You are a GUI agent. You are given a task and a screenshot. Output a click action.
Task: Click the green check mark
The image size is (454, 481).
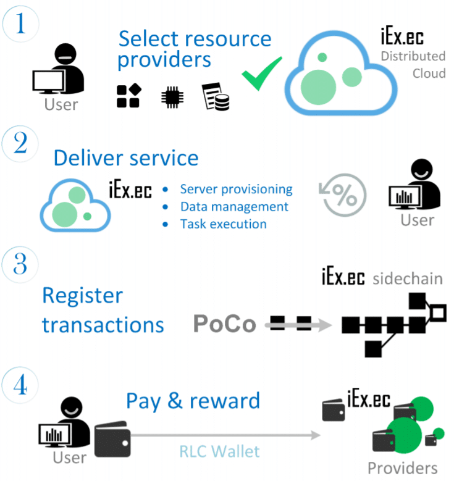261,73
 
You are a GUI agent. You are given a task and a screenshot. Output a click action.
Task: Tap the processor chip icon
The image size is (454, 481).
172,97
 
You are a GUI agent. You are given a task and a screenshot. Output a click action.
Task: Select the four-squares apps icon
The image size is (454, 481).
130,96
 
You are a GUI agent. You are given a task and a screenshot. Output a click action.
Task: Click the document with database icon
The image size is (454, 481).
216,97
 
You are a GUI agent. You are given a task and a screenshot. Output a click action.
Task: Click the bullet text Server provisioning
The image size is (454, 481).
236,189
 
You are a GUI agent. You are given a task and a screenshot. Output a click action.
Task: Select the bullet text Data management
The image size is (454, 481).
234,206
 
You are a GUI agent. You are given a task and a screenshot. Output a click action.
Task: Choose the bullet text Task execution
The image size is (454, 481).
223,224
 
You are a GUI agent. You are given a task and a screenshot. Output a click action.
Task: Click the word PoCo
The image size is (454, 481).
225,324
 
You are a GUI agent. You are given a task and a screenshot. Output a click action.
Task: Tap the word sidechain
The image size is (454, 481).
408,278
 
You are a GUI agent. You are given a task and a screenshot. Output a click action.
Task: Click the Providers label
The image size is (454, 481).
402,467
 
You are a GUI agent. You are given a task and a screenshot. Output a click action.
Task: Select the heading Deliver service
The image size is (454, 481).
126,157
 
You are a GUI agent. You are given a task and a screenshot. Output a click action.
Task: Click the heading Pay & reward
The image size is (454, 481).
193,401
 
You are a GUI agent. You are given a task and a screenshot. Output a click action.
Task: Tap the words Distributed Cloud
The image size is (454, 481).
413,64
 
